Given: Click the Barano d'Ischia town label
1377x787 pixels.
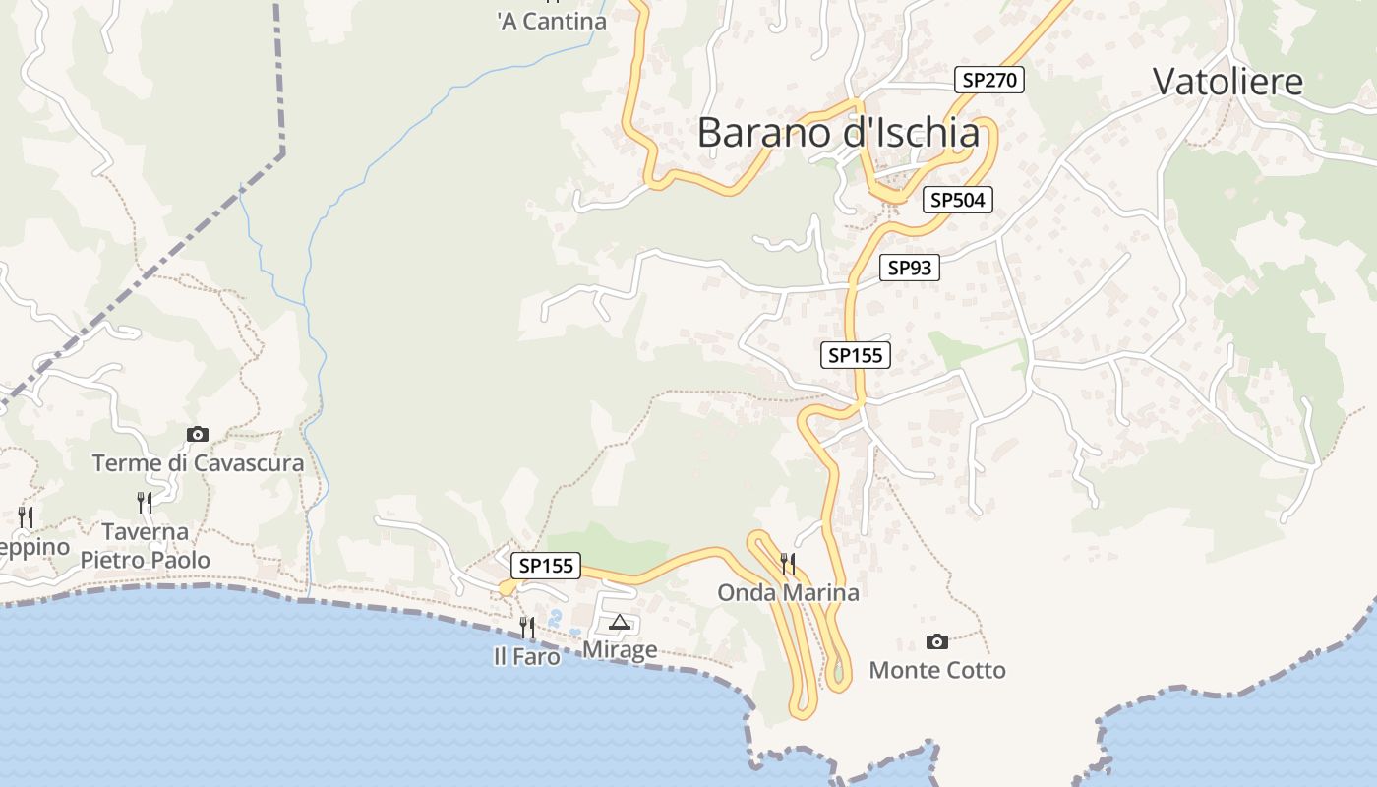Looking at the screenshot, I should [838, 133].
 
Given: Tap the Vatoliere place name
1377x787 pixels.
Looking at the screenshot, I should [1227, 82].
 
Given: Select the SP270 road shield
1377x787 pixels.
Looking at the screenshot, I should [989, 81].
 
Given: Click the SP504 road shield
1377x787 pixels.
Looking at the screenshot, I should [958, 200].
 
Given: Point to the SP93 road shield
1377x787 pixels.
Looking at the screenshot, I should [909, 267].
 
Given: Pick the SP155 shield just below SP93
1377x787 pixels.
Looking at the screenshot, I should [856, 355].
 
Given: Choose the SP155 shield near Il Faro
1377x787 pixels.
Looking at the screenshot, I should [546, 566].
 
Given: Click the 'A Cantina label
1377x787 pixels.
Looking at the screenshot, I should [552, 21].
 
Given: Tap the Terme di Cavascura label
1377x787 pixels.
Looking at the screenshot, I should [198, 462].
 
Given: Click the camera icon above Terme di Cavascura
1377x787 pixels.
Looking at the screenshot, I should [198, 434].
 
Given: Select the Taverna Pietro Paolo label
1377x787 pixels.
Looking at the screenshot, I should [146, 546].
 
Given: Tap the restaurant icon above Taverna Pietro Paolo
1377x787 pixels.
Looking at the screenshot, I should [145, 503].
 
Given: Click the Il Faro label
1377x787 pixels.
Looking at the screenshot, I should [527, 656].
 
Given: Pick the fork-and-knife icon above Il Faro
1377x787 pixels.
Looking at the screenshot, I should [527, 627].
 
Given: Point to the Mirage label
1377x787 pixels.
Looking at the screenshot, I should [620, 649].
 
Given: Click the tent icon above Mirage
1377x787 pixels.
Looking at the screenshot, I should [619, 622].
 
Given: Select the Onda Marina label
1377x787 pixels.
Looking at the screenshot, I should [788, 592].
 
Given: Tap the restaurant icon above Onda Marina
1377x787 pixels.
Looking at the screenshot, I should [787, 564].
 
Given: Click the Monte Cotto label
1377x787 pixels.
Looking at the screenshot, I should [937, 671].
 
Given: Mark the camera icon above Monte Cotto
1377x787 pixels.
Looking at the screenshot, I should [937, 642].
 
